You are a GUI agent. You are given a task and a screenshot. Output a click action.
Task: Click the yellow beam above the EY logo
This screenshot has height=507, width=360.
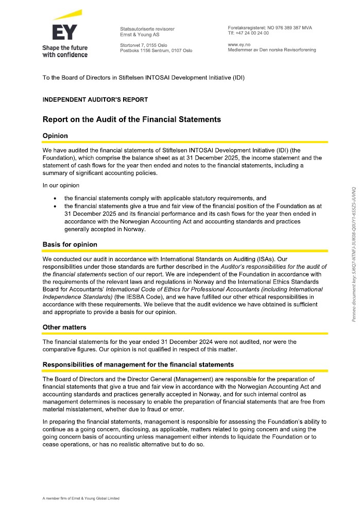tap(67, 15)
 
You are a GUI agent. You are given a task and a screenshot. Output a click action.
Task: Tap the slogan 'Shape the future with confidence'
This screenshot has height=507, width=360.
tap(65, 51)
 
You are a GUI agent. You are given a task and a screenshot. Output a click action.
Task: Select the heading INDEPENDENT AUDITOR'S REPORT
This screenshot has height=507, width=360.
tap(95, 100)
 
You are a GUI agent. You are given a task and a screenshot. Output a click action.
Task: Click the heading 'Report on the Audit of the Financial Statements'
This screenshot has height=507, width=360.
tap(131, 119)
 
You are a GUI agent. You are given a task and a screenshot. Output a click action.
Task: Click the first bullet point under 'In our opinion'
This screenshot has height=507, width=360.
tap(165, 198)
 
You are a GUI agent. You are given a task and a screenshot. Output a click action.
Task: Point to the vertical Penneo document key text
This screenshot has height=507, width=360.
tap(354, 247)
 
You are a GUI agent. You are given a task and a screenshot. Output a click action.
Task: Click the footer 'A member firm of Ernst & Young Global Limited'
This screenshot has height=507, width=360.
tap(81, 498)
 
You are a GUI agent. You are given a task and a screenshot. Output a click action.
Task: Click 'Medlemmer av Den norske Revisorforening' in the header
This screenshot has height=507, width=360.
tap(271, 50)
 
